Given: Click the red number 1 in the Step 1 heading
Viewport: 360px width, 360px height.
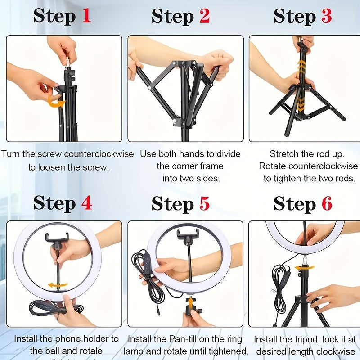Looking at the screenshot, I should coord(86,16).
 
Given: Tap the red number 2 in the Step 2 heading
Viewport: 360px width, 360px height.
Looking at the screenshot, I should coord(204,16).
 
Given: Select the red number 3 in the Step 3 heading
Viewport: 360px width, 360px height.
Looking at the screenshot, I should coord(326,16).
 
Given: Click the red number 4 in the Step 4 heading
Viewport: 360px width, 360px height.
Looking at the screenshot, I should coord(86,203).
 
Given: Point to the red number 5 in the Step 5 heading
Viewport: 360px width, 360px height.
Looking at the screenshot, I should coord(205,203).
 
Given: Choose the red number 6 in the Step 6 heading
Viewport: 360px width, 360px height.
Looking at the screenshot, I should coord(327,203).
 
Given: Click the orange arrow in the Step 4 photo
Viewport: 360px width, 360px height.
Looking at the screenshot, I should coord(58,285).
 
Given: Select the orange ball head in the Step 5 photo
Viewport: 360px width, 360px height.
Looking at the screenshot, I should coord(190,302).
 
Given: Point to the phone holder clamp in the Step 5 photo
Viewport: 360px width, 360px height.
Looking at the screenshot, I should coord(188,235).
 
